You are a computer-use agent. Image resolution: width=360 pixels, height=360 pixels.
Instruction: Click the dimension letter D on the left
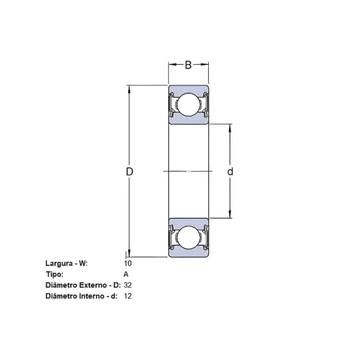[x=129, y=172]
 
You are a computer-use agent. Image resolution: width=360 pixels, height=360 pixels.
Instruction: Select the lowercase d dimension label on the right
[x=230, y=172]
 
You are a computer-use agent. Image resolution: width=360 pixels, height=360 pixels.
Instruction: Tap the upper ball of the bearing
[x=188, y=106]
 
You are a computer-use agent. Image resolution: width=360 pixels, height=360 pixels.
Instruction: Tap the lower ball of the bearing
[x=188, y=237]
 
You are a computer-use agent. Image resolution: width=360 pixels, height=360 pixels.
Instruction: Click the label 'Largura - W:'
[x=66, y=263]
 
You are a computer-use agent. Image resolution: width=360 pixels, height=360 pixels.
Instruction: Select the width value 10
[x=127, y=263]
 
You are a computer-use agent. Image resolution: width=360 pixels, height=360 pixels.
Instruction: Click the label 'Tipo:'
[x=54, y=274]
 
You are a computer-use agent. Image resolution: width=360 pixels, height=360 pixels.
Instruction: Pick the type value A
[x=125, y=274]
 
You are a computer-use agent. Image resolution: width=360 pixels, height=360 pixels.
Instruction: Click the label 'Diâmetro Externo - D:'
[x=83, y=285]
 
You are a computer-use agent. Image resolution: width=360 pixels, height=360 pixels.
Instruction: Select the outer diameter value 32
[x=127, y=285]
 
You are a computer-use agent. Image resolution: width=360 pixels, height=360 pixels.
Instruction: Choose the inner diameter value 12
[x=127, y=296]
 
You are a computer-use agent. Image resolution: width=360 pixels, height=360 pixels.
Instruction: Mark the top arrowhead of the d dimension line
[x=230, y=128]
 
